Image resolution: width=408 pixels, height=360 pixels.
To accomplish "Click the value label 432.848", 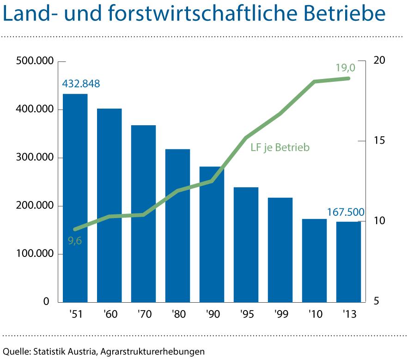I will pyautogui.click(x=81, y=84).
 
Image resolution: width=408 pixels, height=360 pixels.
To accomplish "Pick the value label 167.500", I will pyautogui.click(x=346, y=213).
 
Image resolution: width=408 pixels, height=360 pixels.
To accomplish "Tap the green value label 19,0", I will pyautogui.click(x=345, y=68).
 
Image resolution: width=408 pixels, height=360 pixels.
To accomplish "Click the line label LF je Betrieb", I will pyautogui.click(x=280, y=148).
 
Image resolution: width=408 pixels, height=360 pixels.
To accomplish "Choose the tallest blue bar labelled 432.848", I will pyautogui.click(x=75, y=199).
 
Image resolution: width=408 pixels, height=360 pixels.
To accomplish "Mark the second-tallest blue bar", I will pyautogui.click(x=110, y=206).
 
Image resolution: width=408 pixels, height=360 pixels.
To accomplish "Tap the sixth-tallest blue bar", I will pyautogui.click(x=246, y=245).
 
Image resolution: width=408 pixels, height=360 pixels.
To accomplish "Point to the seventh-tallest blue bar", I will pyautogui.click(x=280, y=250).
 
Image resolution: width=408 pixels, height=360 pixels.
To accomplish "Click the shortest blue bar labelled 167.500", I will pyautogui.click(x=348, y=262).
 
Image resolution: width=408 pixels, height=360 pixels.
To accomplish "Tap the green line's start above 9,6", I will pyautogui.click(x=75, y=229).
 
